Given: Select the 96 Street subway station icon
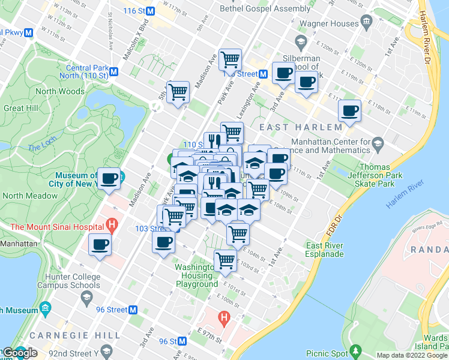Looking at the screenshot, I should pyautogui.click(x=134, y=310).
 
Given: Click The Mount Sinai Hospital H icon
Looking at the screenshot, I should pyautogui.click(x=110, y=226).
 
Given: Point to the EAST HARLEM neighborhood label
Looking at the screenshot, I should pyautogui.click(x=301, y=127).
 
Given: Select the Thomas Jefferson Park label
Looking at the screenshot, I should pyautogui.click(x=384, y=172).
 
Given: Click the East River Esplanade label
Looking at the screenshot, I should pyautogui.click(x=325, y=250).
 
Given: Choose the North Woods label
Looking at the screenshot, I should pyautogui.click(x=60, y=92).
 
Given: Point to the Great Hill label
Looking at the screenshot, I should pyautogui.click(x=22, y=109).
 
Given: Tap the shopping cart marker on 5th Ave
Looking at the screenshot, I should pyautogui.click(x=178, y=92).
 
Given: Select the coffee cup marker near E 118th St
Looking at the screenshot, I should pyautogui.click(x=349, y=111).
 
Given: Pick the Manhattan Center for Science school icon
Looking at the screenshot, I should pyautogui.click(x=378, y=144).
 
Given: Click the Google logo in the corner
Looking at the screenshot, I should pyautogui.click(x=20, y=353).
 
